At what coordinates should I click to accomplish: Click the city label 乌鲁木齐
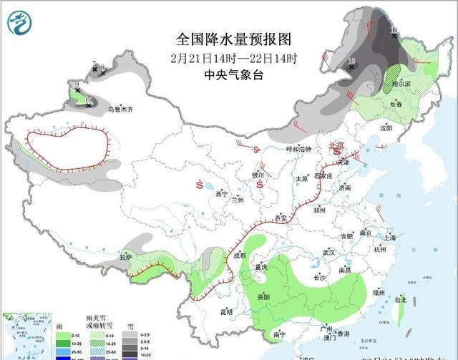[120, 110]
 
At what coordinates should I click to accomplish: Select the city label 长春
[396, 104]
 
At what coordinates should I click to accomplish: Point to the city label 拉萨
[126, 257]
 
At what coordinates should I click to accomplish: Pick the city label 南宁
[279, 334]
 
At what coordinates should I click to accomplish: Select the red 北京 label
[335, 145]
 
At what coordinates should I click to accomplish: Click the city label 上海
[389, 237]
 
